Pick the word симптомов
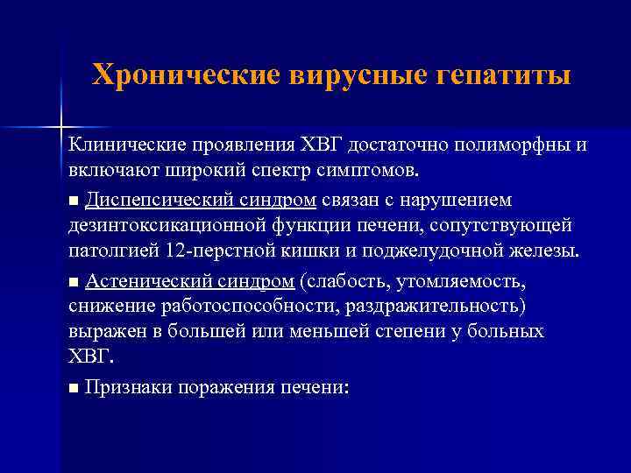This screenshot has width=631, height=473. click(x=368, y=168)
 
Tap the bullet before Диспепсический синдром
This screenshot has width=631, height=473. click(x=74, y=201)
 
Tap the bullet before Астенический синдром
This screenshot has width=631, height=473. click(x=74, y=282)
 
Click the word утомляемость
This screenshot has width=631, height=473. click(x=462, y=281)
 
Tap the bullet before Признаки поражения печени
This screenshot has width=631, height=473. click(x=74, y=389)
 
